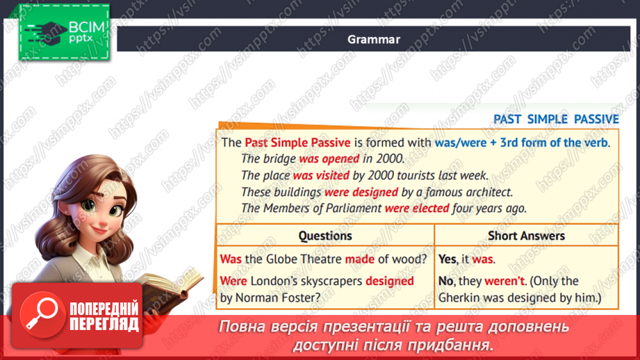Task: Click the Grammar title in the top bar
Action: (374, 40)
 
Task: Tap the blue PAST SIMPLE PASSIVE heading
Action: (555, 119)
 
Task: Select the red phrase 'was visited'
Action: (322, 176)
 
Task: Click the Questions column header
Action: (325, 236)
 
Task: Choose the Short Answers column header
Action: (526, 236)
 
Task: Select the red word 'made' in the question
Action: (359, 259)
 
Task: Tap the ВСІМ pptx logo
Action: (65, 32)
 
